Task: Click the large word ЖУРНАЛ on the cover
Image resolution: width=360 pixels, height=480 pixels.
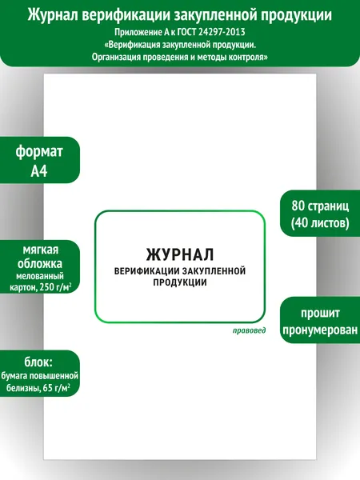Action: (180, 254)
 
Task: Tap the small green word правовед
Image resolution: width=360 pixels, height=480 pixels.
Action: (249, 330)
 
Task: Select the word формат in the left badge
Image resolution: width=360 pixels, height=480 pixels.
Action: (39, 151)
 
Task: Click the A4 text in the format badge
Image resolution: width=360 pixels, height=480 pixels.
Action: (39, 171)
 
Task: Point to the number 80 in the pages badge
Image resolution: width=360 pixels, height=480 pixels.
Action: (298, 206)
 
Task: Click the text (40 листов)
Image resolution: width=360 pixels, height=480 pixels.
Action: (320, 223)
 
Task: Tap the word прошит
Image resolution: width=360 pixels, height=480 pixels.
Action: (320, 313)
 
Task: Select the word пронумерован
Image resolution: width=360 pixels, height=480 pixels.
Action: (320, 330)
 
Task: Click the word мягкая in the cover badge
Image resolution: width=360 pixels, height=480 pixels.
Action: (41, 250)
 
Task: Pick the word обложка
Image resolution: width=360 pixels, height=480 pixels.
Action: (40, 263)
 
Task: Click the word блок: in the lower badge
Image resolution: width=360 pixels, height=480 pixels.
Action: (38, 362)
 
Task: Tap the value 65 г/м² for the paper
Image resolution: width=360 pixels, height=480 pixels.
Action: (57, 388)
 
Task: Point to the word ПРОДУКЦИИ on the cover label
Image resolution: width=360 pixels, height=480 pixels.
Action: (180, 282)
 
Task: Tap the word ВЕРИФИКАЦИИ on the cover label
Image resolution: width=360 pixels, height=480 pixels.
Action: (146, 271)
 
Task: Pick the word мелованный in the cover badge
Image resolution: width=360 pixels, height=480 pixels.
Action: (40, 276)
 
